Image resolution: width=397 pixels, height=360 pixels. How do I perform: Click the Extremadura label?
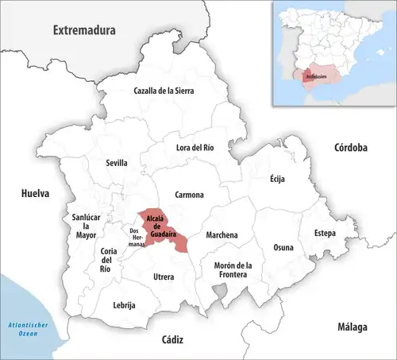point(83,30)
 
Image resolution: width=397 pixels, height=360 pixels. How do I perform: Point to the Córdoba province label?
point(350,148)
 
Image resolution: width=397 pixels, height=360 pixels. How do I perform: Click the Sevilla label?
point(117,163)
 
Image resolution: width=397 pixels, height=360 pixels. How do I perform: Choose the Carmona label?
point(190,195)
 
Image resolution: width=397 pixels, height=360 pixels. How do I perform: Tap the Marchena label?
point(222,235)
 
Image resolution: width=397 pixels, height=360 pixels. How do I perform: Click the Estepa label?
point(324,233)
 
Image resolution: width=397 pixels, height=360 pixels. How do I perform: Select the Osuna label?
point(283,247)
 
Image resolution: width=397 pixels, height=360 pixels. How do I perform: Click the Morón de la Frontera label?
point(231,269)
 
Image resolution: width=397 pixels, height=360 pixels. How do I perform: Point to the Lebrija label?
point(124,305)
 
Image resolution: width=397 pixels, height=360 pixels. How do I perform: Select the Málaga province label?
point(350,327)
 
